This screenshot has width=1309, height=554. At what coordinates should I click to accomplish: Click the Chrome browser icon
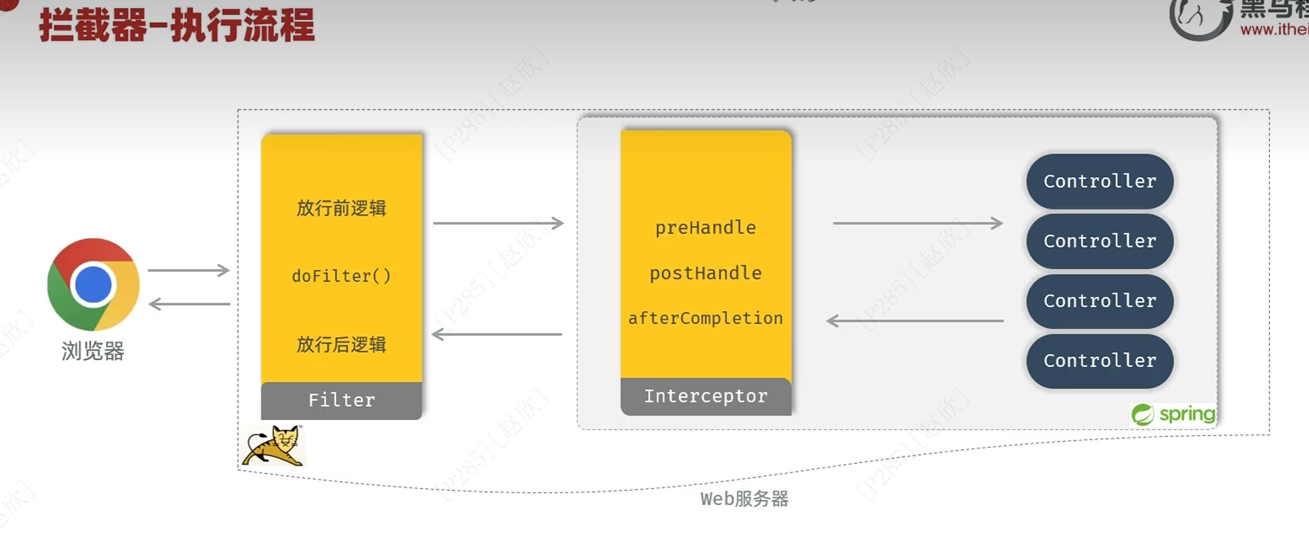93,284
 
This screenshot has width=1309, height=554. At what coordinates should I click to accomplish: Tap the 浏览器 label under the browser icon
93,351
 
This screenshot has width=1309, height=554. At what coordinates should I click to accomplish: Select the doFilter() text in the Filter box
341,276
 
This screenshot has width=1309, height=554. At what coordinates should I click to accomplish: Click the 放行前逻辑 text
341,208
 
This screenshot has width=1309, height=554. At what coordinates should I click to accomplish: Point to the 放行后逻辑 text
341,345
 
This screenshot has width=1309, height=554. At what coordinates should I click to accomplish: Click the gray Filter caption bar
341,400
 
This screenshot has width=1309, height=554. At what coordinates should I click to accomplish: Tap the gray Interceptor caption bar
706,396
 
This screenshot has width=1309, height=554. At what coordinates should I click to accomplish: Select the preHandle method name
706,228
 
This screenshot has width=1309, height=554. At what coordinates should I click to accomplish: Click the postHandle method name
706,273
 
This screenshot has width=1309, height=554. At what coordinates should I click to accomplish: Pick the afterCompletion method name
706,318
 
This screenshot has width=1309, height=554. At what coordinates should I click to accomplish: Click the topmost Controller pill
1099,181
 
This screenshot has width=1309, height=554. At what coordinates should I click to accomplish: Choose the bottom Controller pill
1099,360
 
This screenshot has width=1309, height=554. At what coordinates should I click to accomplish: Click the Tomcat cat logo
274,445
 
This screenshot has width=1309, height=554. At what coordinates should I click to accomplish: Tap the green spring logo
1173,414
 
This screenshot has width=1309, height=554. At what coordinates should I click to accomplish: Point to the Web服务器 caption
744,498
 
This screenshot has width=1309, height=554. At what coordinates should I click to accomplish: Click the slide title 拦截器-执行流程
177,25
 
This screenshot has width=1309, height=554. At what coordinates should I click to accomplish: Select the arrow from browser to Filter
188,270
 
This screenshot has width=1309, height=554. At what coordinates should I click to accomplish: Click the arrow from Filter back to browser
190,304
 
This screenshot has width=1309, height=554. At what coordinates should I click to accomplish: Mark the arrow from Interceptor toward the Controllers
918,223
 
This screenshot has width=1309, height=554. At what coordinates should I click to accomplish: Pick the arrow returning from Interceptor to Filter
497,334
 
